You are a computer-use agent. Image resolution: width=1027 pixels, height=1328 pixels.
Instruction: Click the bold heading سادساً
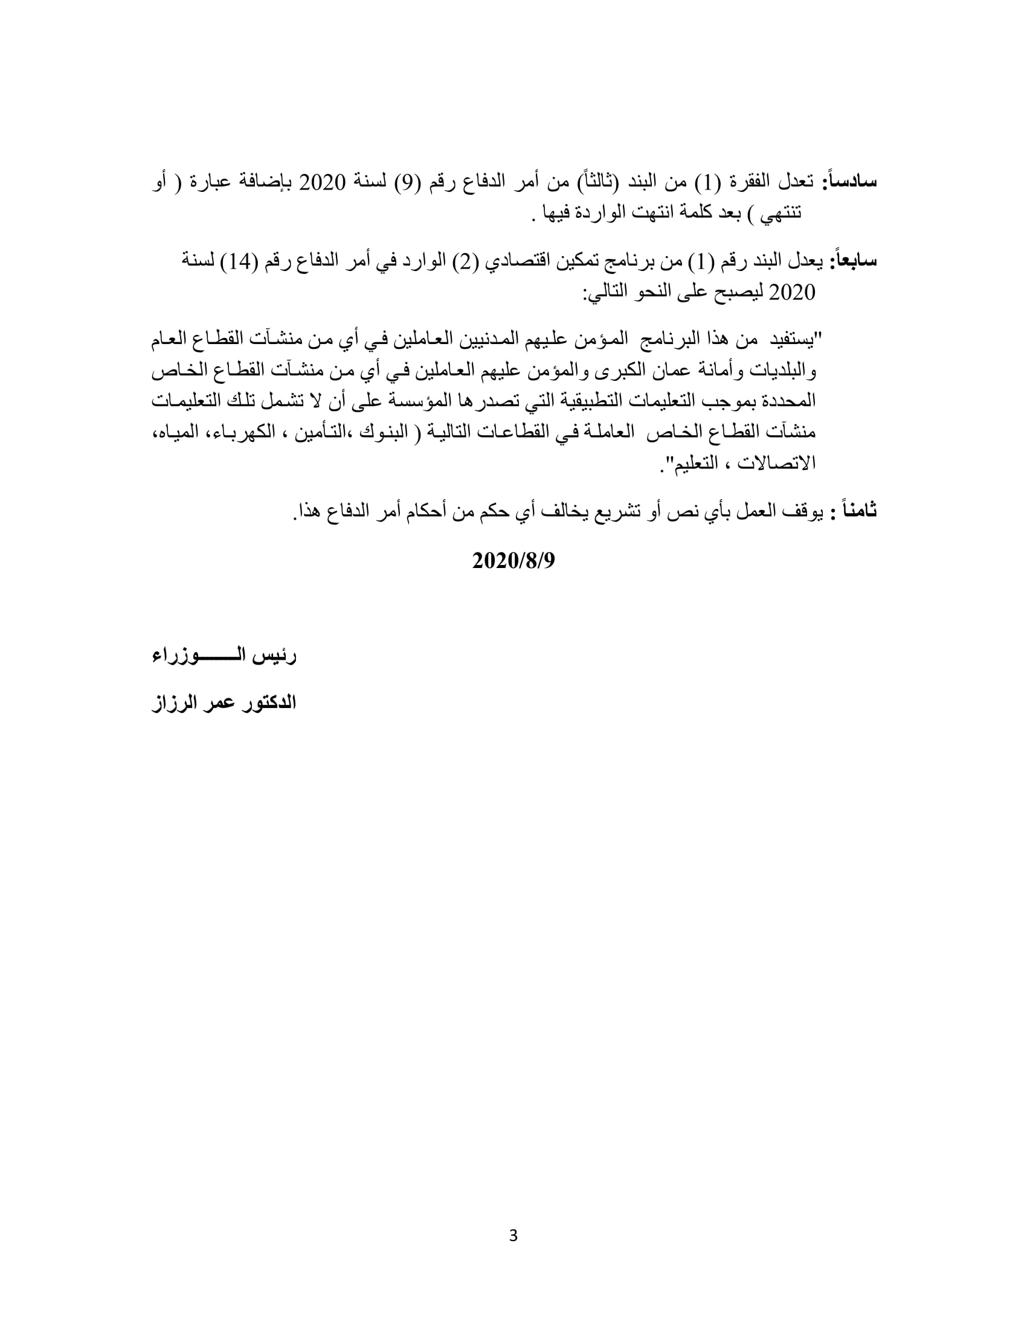(x=850, y=182)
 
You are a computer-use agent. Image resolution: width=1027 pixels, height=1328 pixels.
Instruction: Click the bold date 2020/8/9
(x=513, y=561)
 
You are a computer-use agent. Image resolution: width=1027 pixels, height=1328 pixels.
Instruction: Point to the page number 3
(x=513, y=1236)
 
